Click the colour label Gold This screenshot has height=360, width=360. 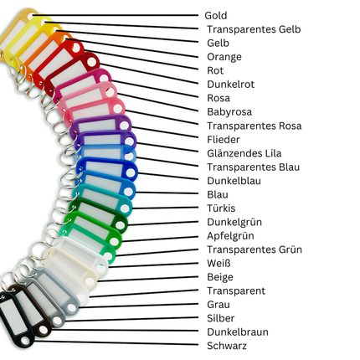pos(215,16)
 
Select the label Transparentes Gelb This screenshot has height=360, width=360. pos(254,29)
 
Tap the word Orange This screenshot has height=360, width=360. pos(224,57)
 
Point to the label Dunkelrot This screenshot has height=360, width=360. pos(230,85)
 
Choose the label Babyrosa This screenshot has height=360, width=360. pos(229,112)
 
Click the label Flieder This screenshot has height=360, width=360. pos(224,140)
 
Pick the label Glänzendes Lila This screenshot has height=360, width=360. pos(244,153)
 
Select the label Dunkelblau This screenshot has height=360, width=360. pos(234,181)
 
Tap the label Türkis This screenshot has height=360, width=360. pos(221,208)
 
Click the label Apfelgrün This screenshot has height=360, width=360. pos(230,236)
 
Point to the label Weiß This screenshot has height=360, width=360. pos(219,263)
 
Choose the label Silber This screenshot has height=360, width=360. pos(220,318)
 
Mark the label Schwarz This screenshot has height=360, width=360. pos(227,346)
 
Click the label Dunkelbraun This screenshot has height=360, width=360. pos(238,332)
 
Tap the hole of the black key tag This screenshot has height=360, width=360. pos(27,341)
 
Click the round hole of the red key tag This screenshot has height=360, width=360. pos(75,48)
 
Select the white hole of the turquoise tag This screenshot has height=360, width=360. pos(125,208)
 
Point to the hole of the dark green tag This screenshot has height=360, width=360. pos(120,225)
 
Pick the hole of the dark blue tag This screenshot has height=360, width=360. pos(131,173)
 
